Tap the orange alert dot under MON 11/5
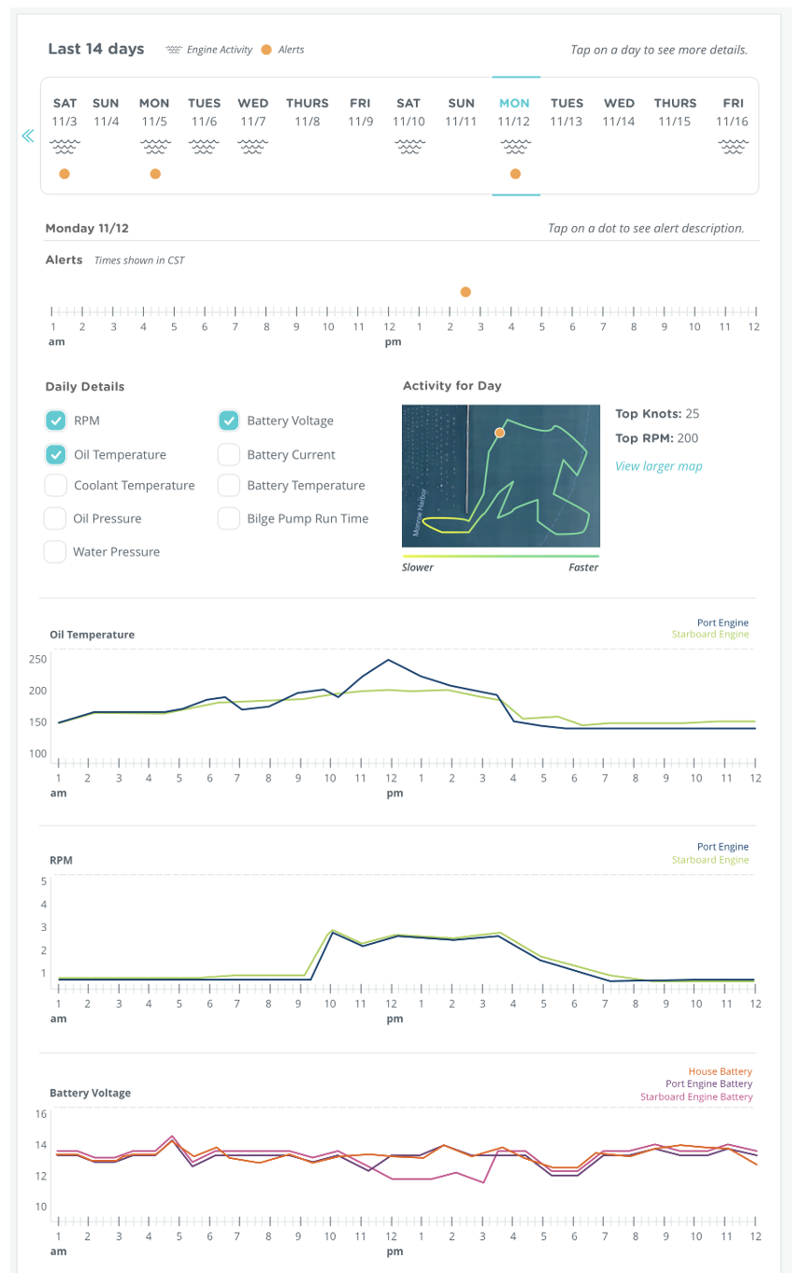click(155, 174)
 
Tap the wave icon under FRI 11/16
click(733, 147)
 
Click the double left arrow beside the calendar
click(27, 136)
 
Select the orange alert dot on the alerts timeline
click(465, 293)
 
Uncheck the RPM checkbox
click(56, 421)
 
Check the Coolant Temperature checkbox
click(56, 485)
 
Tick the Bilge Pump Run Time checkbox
click(229, 518)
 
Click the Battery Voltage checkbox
click(229, 421)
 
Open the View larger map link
click(658, 466)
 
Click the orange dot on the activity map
click(499, 433)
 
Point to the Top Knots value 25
click(692, 413)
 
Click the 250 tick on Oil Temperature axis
click(37, 659)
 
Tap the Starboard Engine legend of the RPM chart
click(709, 860)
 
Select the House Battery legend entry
click(720, 1071)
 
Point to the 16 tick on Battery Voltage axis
click(40, 1114)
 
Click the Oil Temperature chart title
click(92, 635)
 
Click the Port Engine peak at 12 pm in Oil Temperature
click(388, 660)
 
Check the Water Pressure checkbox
click(56, 551)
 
